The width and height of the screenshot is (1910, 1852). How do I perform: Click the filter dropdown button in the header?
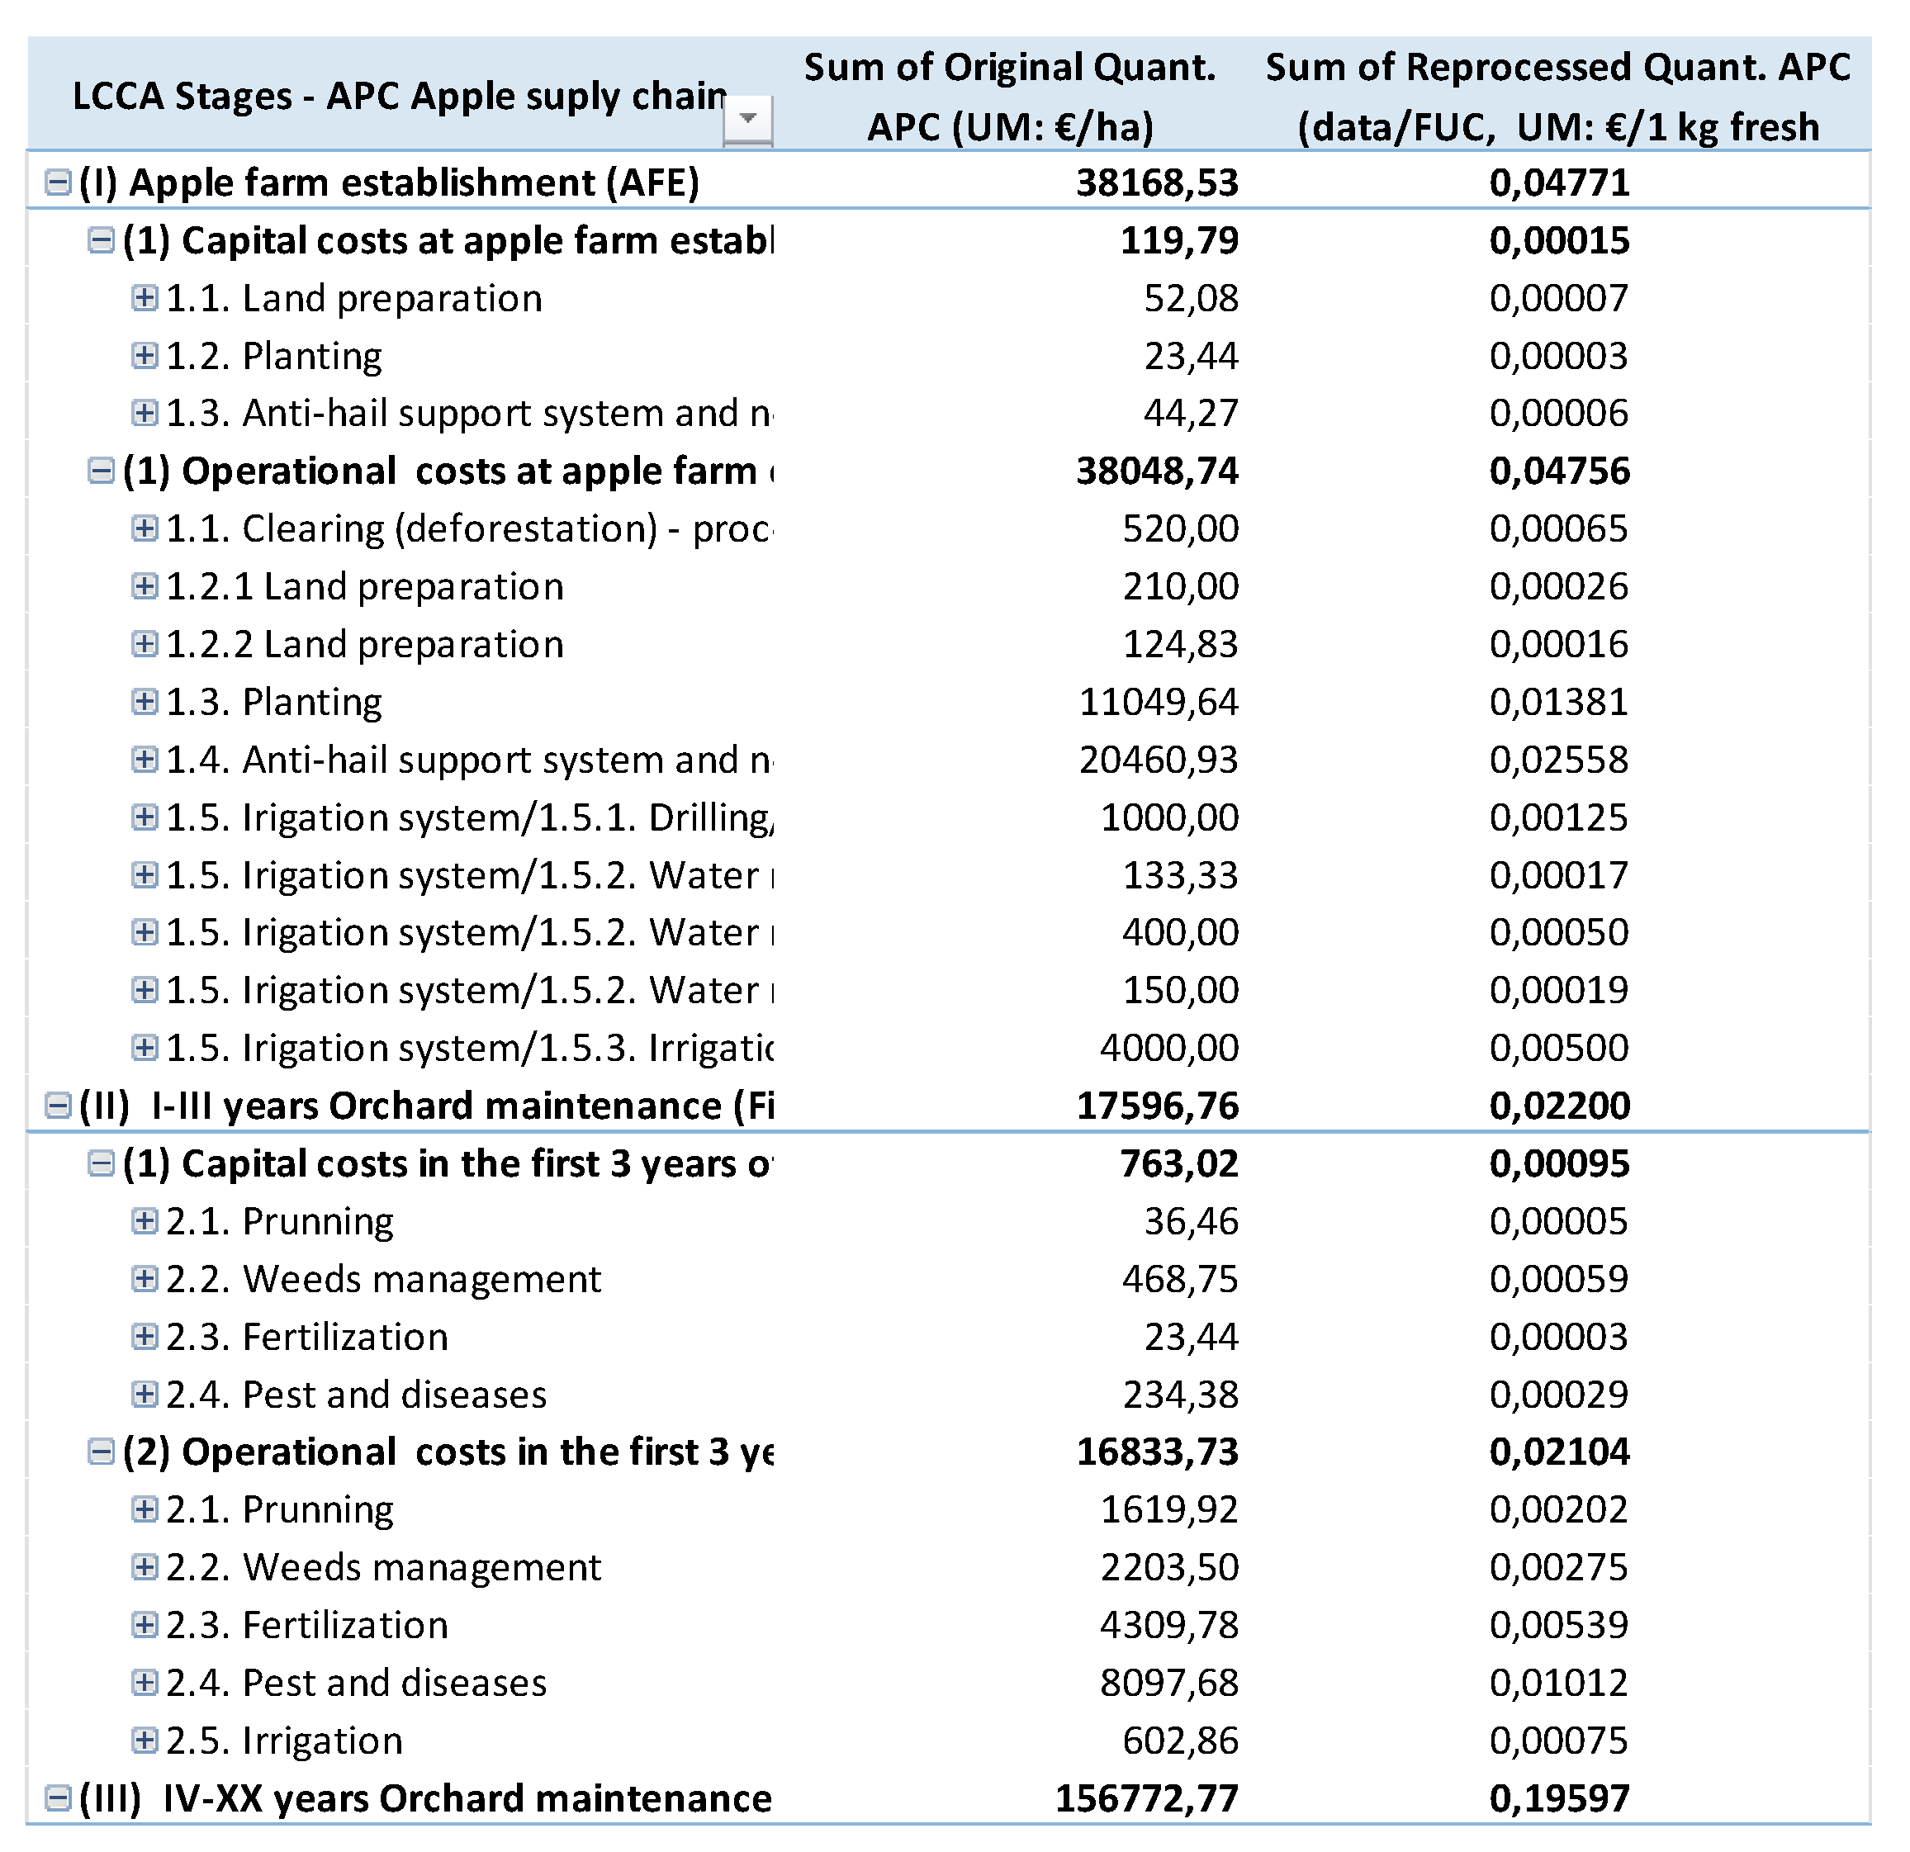(x=747, y=119)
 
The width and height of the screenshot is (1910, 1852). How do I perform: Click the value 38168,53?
(x=1157, y=183)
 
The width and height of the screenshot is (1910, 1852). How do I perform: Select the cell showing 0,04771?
(x=1559, y=183)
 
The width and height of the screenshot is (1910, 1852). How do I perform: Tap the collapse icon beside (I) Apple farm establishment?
(x=59, y=182)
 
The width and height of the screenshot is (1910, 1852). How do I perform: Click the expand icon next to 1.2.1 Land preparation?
(x=145, y=585)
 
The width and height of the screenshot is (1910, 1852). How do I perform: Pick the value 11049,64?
(x=1158, y=703)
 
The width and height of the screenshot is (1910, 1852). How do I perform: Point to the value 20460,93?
(x=1158, y=760)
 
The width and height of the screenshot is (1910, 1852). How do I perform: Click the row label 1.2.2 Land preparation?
(x=364, y=644)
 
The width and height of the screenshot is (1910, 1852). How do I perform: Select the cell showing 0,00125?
(x=1558, y=817)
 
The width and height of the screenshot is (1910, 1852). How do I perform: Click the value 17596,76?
(x=1157, y=1106)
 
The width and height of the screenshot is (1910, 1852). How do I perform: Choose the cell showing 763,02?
(x=1178, y=1163)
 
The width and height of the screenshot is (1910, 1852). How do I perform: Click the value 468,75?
(x=1179, y=1279)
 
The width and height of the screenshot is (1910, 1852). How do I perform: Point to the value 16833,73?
(x=1157, y=1452)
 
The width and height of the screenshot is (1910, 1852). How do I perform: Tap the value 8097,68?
(x=1168, y=1683)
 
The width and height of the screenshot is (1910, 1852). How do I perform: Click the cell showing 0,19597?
(x=1559, y=1798)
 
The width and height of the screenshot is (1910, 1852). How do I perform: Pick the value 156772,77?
(x=1146, y=1798)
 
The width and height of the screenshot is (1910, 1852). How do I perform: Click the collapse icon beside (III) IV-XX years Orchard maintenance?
(x=59, y=1798)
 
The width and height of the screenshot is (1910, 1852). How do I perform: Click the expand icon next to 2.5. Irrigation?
(x=145, y=1740)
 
